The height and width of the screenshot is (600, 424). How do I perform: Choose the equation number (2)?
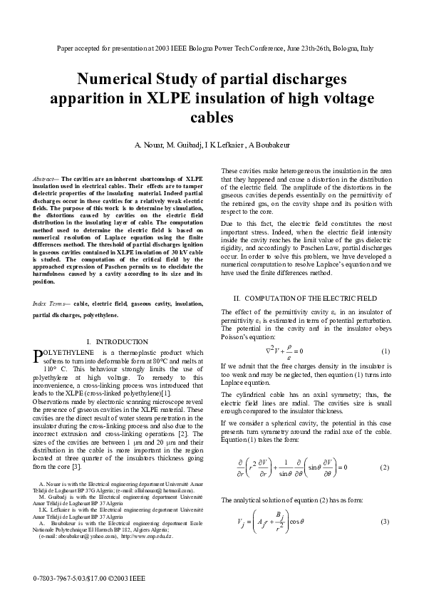[385, 467]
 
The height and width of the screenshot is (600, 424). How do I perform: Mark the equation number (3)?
[385, 523]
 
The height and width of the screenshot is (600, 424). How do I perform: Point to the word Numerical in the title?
[117, 78]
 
